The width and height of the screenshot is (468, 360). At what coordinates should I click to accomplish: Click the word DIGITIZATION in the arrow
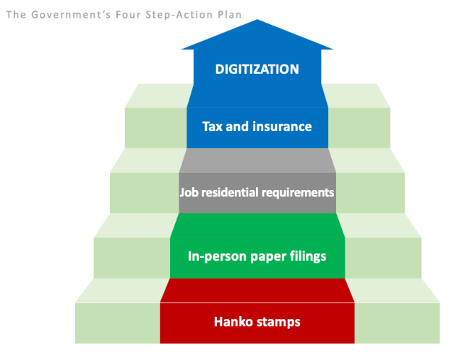(x=257, y=69)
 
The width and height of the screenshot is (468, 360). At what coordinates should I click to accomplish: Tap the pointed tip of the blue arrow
(x=257, y=20)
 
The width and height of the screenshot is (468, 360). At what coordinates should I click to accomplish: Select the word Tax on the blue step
(x=212, y=126)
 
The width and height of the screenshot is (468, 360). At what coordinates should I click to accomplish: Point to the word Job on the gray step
(x=189, y=192)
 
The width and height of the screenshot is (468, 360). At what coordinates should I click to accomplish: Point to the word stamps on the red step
(x=279, y=322)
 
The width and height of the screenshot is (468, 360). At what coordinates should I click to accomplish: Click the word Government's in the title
(x=71, y=15)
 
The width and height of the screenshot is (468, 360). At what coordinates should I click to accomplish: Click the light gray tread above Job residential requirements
(x=257, y=160)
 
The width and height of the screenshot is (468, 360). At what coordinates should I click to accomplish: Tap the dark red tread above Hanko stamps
(x=257, y=291)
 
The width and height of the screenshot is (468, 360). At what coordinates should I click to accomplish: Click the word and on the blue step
(x=238, y=126)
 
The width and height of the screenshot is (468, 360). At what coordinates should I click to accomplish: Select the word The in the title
(x=16, y=15)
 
